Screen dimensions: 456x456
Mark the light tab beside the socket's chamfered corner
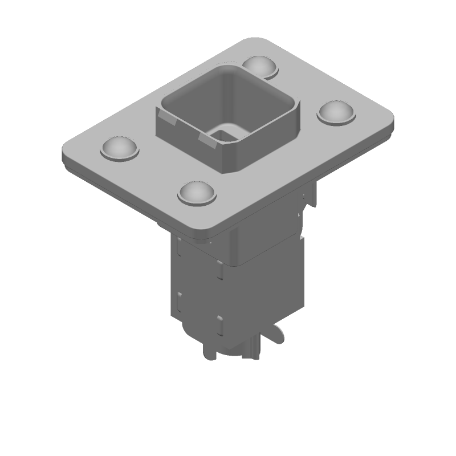pos(209,140)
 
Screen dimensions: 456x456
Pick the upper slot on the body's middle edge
pos(218,268)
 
